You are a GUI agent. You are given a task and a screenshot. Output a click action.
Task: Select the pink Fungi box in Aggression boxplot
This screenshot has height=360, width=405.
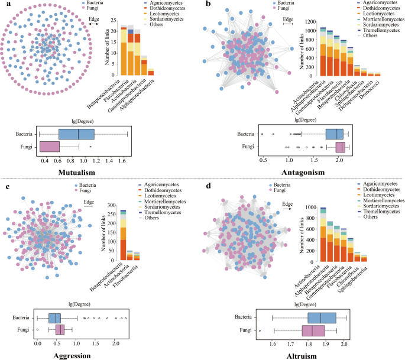[x=60, y=329]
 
